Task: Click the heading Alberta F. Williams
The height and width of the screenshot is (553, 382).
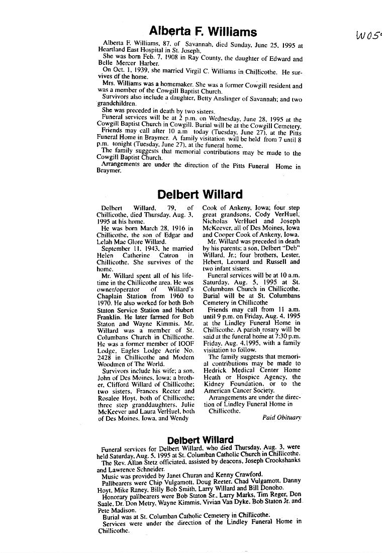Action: [x=203, y=33]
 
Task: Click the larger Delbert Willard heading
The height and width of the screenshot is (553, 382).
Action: [x=200, y=194]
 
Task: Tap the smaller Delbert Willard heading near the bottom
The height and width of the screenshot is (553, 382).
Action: [x=200, y=441]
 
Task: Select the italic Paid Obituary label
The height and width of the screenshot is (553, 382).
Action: [x=281, y=417]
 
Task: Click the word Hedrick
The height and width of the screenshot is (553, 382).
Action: [x=216, y=370]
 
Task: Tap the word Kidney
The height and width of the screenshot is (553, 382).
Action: [x=215, y=384]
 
